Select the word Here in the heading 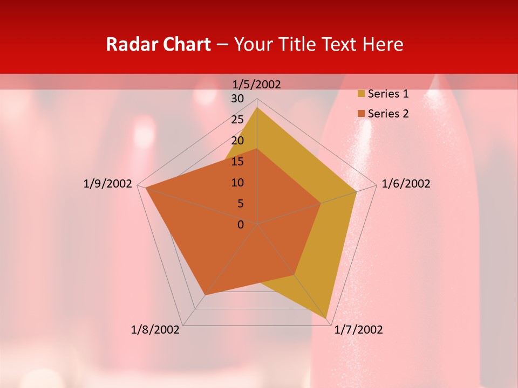383,44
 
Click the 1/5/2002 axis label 257,84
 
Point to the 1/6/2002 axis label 406,184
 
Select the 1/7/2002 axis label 358,330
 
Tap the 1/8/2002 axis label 155,330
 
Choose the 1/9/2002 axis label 108,184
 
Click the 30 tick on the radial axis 237,99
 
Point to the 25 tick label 237,120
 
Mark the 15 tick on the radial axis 237,162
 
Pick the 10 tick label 237,183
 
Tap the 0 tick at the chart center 241,225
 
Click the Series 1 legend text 388,94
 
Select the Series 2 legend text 388,114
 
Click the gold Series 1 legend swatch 361,94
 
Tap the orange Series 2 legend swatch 361,114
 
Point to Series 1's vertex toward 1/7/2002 326,318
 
